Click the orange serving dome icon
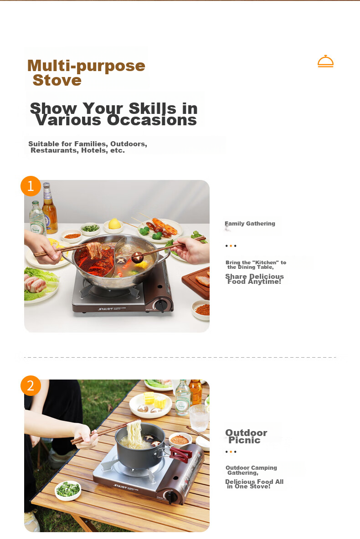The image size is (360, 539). point(325,61)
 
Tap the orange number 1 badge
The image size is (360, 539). point(31,186)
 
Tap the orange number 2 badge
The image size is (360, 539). point(31,385)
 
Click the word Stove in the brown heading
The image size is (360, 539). point(57,80)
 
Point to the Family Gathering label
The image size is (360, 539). point(250,223)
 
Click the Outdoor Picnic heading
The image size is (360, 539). point(246,436)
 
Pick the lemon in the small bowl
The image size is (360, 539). point(114,224)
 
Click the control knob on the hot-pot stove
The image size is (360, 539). point(160,305)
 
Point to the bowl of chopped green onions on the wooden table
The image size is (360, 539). point(68,490)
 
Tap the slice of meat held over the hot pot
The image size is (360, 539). point(94,250)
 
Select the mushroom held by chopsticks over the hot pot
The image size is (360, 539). point(137,257)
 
